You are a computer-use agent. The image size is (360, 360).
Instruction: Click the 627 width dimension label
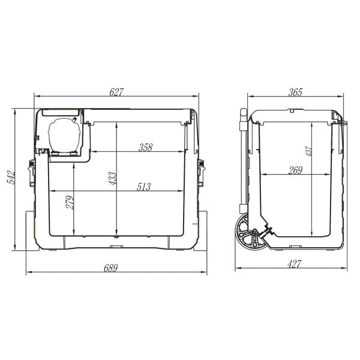[116, 92]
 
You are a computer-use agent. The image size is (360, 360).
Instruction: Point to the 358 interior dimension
[145, 147]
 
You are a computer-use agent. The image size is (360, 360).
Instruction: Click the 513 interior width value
[143, 187]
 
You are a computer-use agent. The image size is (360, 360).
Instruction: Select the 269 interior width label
[295, 170]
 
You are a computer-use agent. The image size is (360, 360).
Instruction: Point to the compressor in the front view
[62, 133]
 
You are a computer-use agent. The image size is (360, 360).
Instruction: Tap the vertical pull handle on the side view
[244, 162]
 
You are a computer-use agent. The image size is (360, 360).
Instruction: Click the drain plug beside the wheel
[268, 230]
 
